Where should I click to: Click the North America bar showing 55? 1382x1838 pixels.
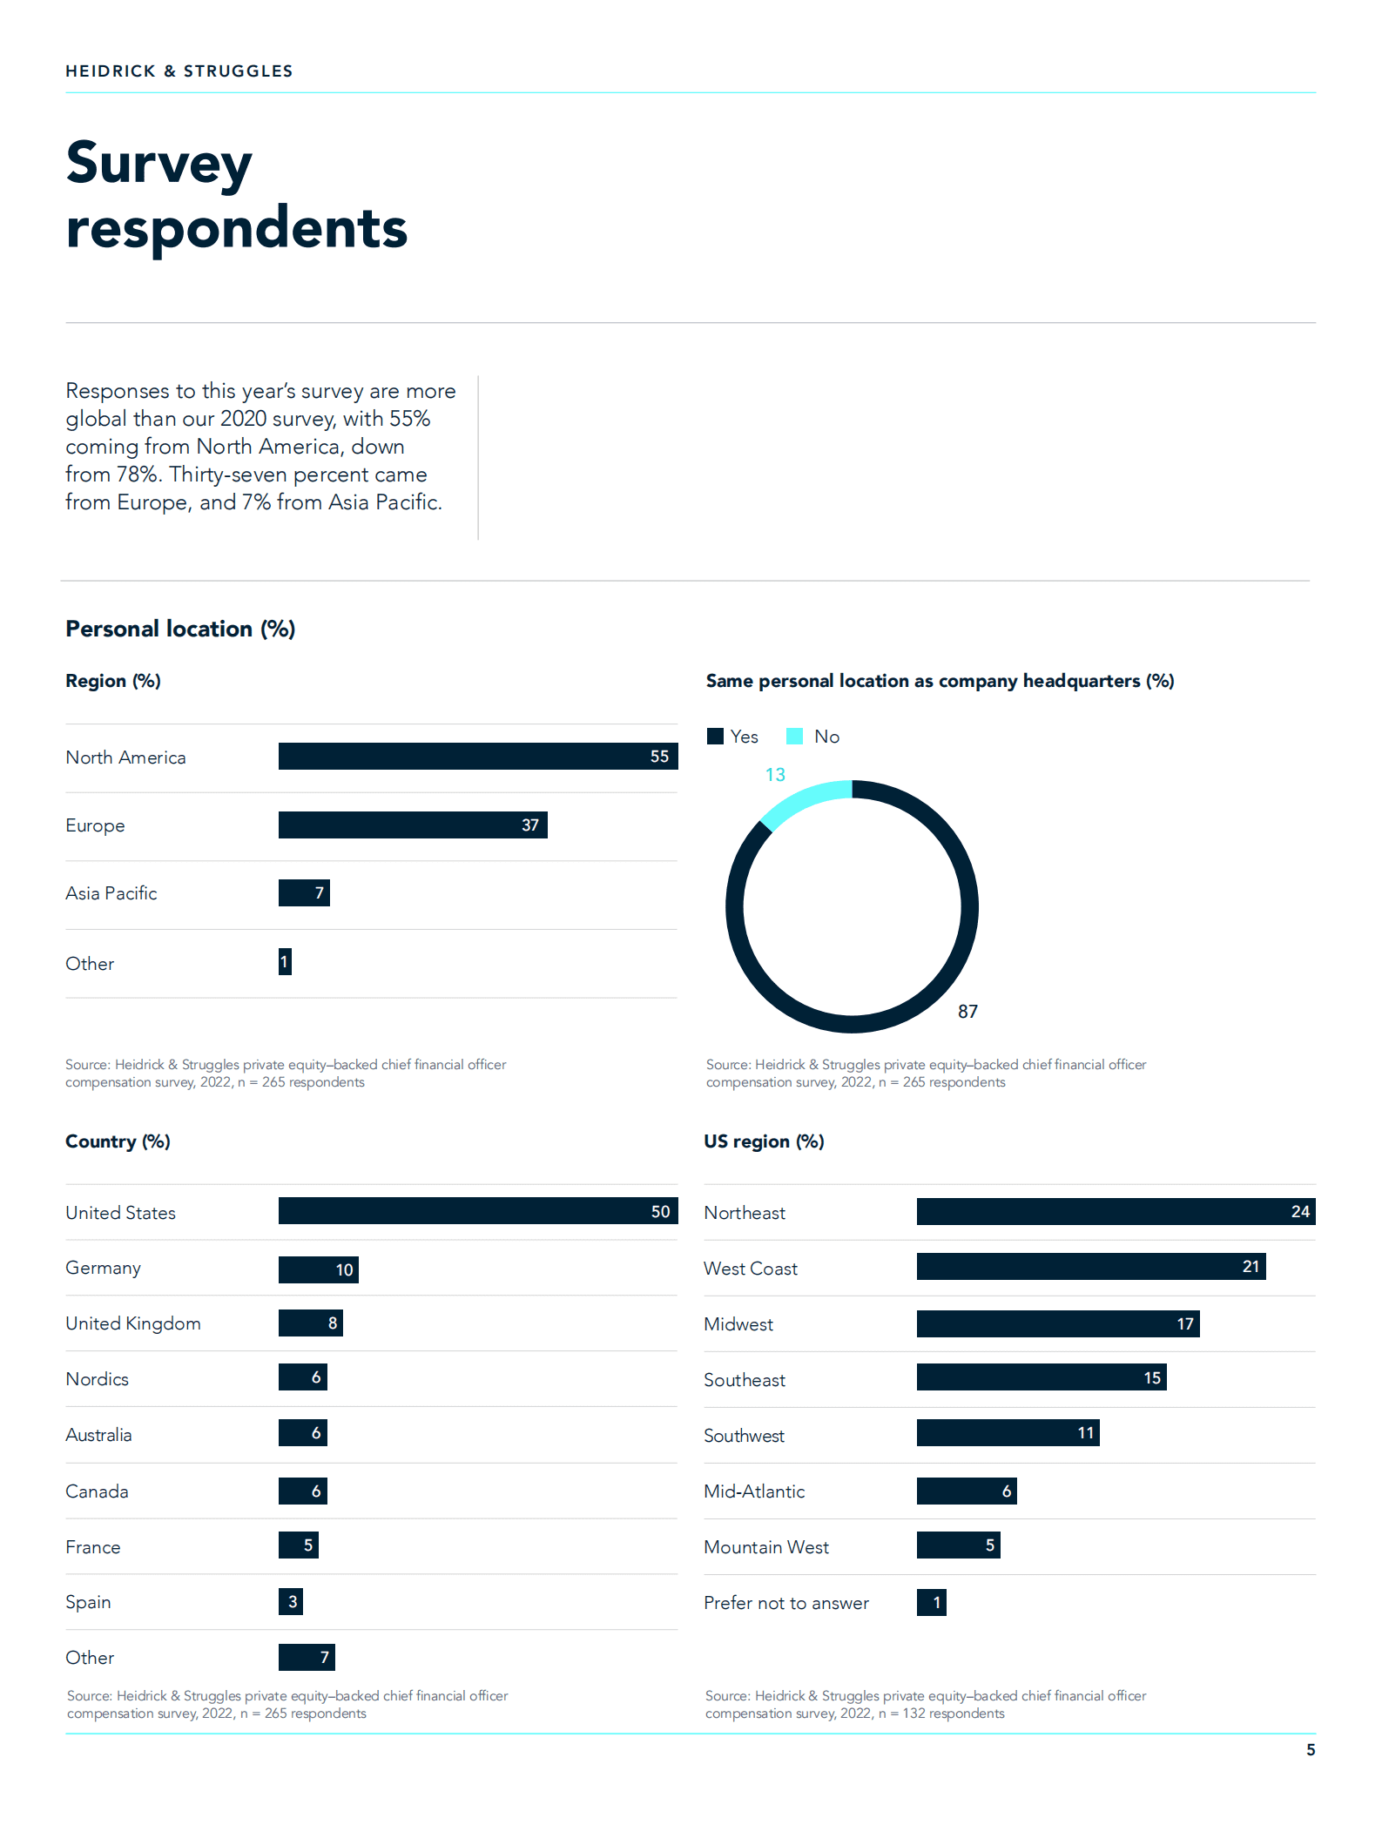[x=477, y=756]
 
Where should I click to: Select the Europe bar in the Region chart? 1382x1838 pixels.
[x=413, y=825]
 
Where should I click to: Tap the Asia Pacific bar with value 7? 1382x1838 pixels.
[x=304, y=892]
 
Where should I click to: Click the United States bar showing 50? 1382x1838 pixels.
[x=477, y=1211]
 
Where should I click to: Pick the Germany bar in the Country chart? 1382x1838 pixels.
[x=318, y=1269]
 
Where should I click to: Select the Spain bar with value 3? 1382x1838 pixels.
[x=291, y=1601]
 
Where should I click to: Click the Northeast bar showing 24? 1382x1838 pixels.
[x=1116, y=1211]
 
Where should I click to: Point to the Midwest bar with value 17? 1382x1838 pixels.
[x=1057, y=1323]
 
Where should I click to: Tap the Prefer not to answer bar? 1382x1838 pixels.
[x=931, y=1602]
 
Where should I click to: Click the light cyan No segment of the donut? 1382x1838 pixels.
[x=803, y=801]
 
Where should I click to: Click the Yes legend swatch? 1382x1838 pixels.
[x=716, y=736]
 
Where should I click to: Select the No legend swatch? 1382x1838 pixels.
[x=794, y=736]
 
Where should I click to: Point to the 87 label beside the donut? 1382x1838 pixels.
[x=967, y=1011]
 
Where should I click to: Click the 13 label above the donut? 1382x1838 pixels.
[x=775, y=774]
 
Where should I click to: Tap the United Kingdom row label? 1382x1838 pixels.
[x=133, y=1323]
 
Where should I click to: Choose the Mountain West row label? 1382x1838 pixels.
[x=766, y=1547]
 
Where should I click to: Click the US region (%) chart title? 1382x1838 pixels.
[x=764, y=1141]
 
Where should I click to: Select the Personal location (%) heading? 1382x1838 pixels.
[x=180, y=629]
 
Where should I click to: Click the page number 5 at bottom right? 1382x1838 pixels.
[x=1311, y=1750]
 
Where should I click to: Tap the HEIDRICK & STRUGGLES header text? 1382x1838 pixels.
[x=179, y=71]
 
